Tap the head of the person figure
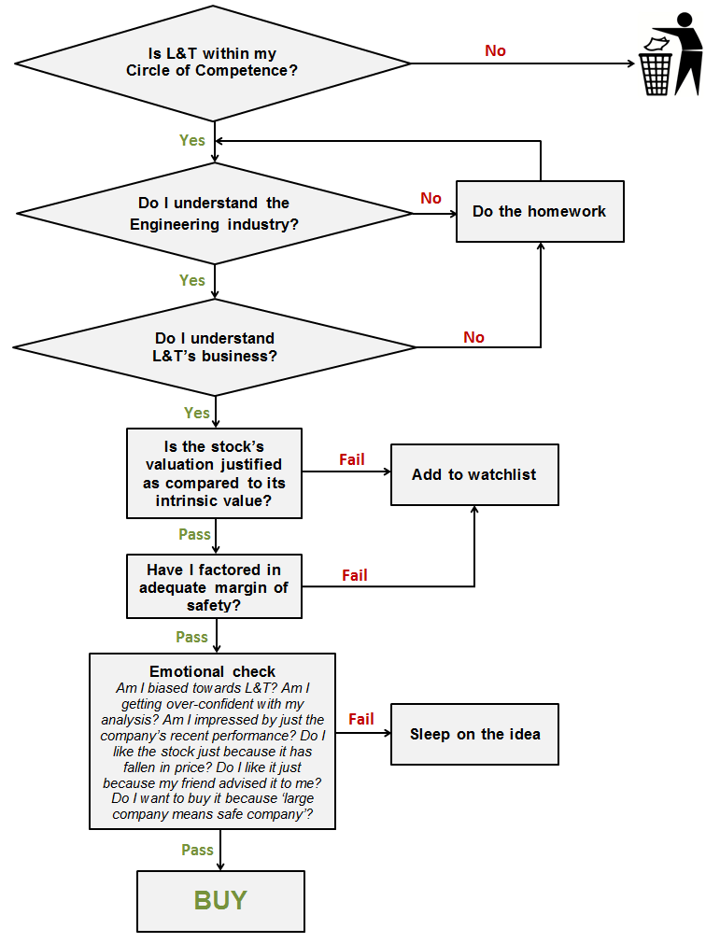tap(685, 20)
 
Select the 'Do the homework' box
tap(540, 211)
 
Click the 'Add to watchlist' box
tap(474, 474)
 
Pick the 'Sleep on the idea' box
tap(474, 734)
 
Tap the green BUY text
tap(220, 900)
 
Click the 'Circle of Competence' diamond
tap(212, 63)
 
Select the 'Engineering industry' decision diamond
tap(214, 213)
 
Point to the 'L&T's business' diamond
tap(214, 347)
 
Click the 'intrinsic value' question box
tap(214, 473)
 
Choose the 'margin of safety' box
tap(214, 586)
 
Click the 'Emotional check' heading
tap(212, 671)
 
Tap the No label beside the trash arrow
tap(495, 51)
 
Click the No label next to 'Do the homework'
tap(431, 198)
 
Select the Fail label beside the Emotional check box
tap(360, 719)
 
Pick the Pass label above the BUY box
tap(197, 850)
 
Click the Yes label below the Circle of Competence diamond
tap(191, 140)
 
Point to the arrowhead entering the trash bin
tap(631, 63)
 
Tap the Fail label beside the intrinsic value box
tap(352, 459)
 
